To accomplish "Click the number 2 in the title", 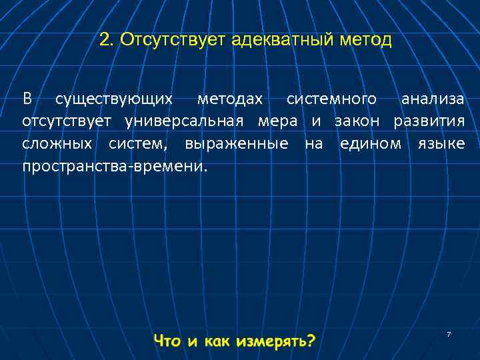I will pos(103,40).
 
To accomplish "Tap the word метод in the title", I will pos(367,40).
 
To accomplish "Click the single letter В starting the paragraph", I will pos(27,99).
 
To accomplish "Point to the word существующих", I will pos(114,100).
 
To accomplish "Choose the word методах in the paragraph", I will pos(229,99).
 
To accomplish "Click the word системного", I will pos(332,100).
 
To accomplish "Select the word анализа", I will pos(432,99).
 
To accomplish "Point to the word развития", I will pos(429,122).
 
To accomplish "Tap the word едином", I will pos(371,143).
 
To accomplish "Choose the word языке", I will pos(441,143).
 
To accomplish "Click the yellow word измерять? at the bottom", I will pos(274,341).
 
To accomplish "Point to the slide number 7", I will pos(449,333).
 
